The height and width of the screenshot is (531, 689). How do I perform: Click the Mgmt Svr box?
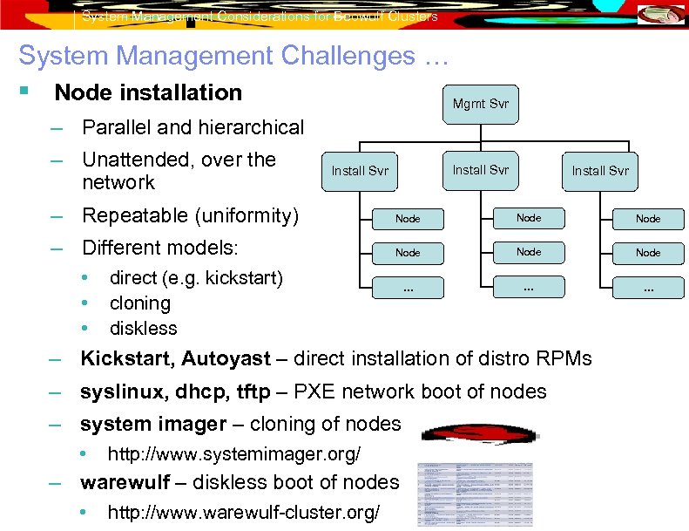pyautogui.click(x=480, y=104)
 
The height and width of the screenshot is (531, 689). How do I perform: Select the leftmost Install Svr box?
pyautogui.click(x=360, y=171)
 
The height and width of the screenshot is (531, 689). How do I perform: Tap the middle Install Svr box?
pyautogui.click(x=480, y=170)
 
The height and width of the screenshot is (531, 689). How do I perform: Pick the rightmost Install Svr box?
pyautogui.click(x=600, y=171)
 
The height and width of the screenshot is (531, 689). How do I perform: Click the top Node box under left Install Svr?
pyautogui.click(x=408, y=219)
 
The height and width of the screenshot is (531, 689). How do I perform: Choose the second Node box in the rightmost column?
pyautogui.click(x=648, y=253)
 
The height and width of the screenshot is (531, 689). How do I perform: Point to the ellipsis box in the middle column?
pyautogui.click(x=528, y=287)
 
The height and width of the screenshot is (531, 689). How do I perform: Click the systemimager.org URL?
pyautogui.click(x=233, y=454)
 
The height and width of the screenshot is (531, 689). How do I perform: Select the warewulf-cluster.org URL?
pyautogui.click(x=243, y=513)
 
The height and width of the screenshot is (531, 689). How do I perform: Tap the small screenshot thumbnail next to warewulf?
pyautogui.click(x=475, y=494)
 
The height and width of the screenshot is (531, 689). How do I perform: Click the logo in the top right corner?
pyautogui.click(x=661, y=15)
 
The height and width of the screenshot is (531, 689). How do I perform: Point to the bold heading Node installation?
pyautogui.click(x=148, y=92)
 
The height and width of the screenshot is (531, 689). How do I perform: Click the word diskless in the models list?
pyautogui.click(x=143, y=329)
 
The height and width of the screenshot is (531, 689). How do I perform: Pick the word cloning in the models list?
pyautogui.click(x=139, y=303)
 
